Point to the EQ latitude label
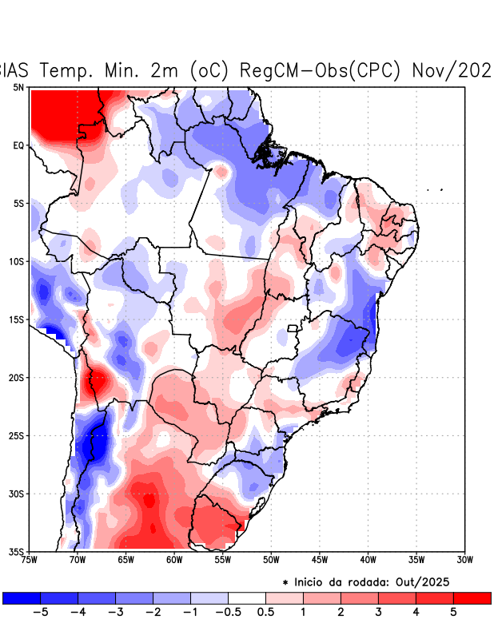(18, 145)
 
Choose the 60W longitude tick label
(173, 560)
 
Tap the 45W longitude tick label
(320, 560)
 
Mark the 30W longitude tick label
(465, 560)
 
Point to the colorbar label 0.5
(266, 612)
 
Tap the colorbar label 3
(378, 612)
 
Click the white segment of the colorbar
(247, 597)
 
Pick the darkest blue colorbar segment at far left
(22, 597)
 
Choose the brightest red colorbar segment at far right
(472, 597)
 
